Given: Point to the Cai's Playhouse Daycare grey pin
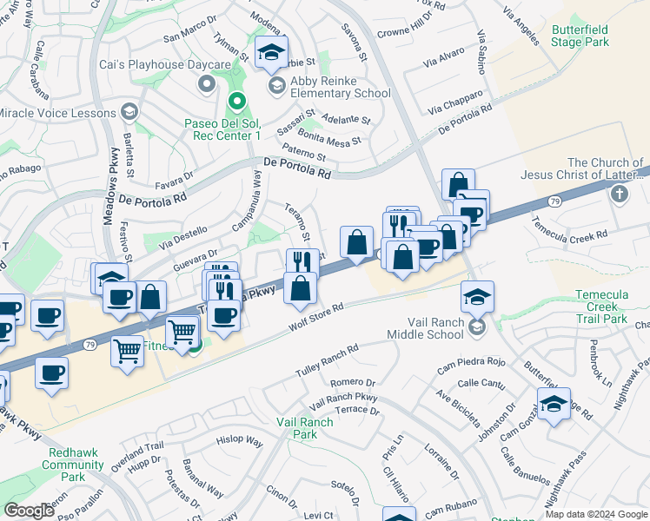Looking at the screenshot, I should tap(207, 84).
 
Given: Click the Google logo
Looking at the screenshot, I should tap(30, 511).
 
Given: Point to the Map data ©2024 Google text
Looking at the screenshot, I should tap(596, 514).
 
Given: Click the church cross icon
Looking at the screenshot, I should tap(620, 194).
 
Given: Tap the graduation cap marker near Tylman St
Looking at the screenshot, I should tap(271, 53).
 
